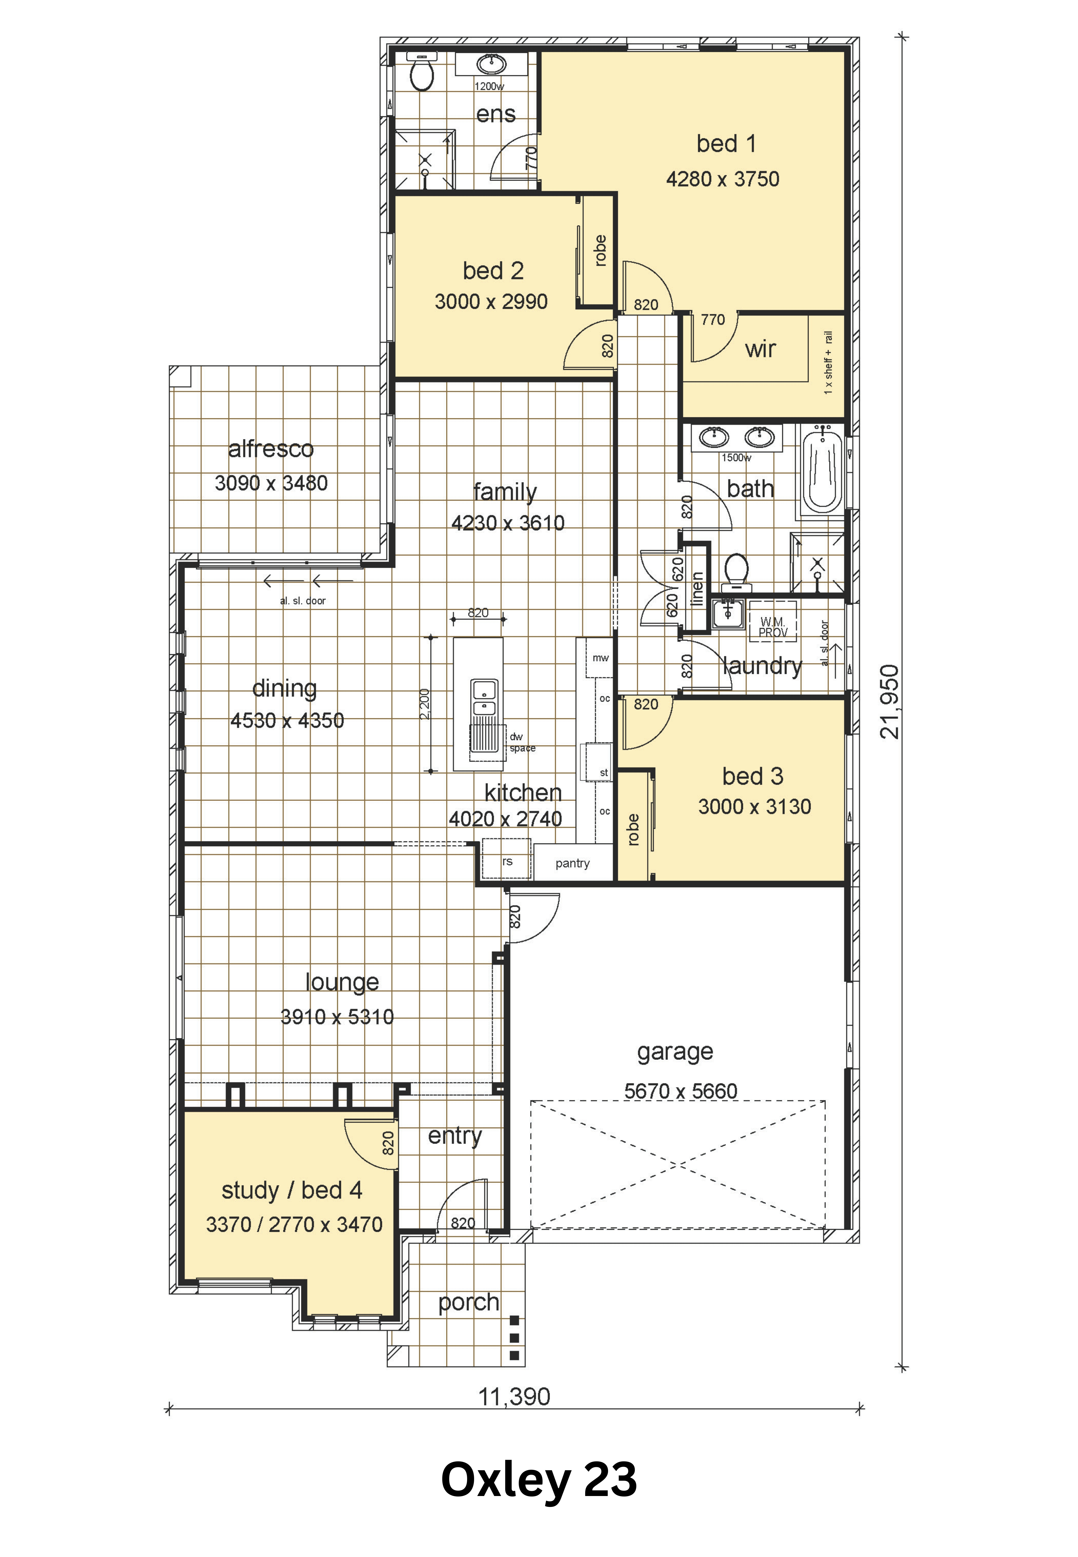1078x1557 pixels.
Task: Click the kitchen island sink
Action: pos(484,697)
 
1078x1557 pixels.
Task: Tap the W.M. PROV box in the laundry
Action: pos(773,621)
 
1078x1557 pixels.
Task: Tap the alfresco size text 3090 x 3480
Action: pos(271,483)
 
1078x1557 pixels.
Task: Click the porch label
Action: pos(469,1303)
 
